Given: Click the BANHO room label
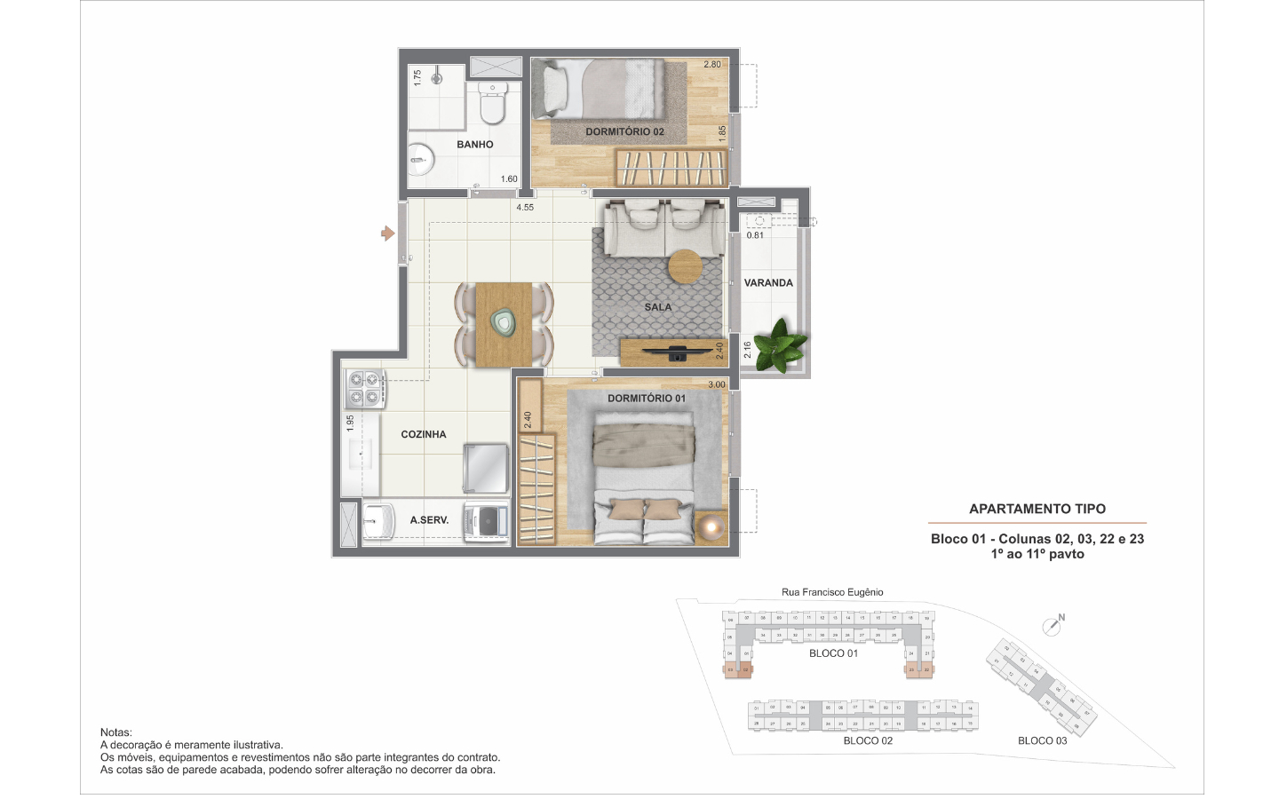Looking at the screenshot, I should click(474, 145).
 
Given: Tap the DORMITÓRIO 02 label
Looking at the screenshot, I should click(624, 131).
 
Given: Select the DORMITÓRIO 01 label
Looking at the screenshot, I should click(646, 399).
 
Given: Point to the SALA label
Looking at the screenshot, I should click(657, 307).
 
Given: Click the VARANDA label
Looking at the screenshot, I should click(768, 283).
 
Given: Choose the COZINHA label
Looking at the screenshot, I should click(423, 434).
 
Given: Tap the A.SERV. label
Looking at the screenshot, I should click(429, 520).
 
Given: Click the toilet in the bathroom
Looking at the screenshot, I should click(492, 104).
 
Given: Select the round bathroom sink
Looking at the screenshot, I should click(421, 161).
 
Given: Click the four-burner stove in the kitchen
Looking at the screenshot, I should click(364, 388).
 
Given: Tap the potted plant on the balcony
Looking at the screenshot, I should click(782, 344).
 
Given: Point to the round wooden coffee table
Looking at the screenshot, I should click(685, 266).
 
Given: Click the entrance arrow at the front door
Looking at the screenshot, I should click(387, 233).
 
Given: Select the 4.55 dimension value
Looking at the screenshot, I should click(525, 208).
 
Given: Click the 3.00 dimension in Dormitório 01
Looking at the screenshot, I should click(716, 384).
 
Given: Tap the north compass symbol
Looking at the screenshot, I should click(1054, 624).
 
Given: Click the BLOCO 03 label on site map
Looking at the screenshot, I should click(1042, 740).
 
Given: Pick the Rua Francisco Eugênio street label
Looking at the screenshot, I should click(832, 592).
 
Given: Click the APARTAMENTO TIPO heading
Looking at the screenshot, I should click(1037, 509).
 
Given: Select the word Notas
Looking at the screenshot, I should click(115, 732).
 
